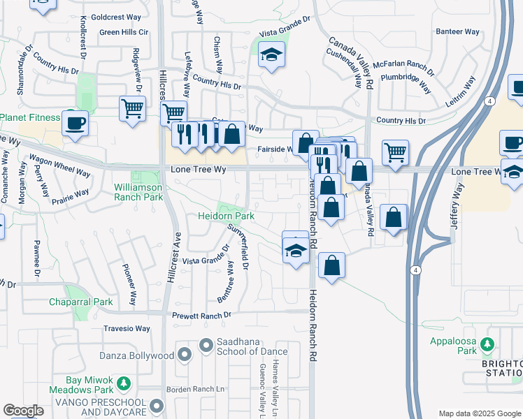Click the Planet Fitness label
pos(30,117)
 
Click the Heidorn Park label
pos(226,217)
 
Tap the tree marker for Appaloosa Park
pos(487,344)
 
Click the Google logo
pos(23,411)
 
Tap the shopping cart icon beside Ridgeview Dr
pos(132,108)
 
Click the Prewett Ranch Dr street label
pos(203,315)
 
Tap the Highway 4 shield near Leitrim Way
pos(492,101)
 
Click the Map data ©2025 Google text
pos(479,413)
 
